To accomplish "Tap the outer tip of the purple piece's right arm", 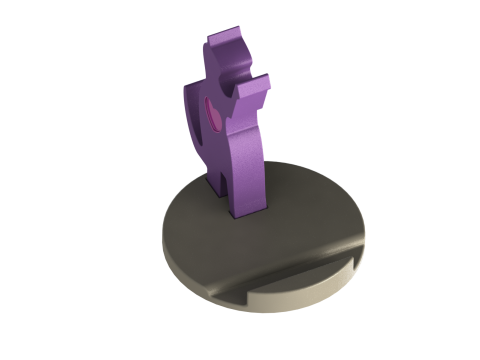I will point(267,82).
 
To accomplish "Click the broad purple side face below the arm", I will point(245,160).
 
